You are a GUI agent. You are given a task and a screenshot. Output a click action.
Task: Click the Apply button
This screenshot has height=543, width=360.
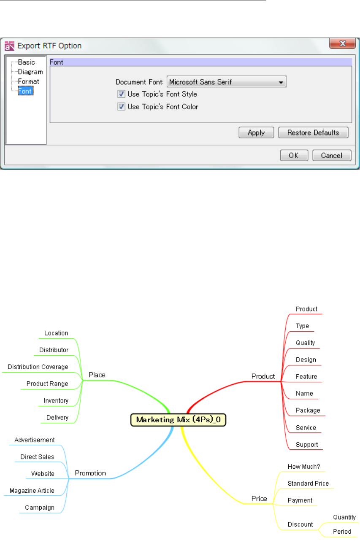pyautogui.click(x=256, y=132)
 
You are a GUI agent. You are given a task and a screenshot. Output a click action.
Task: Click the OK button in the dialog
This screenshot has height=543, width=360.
pyautogui.click(x=294, y=155)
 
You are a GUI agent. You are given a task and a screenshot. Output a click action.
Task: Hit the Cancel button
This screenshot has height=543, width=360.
pyautogui.click(x=332, y=155)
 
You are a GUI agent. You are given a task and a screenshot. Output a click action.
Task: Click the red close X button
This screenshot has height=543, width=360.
pyautogui.click(x=342, y=44)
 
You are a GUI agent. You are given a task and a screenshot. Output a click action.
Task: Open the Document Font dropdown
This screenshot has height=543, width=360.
pyautogui.click(x=227, y=82)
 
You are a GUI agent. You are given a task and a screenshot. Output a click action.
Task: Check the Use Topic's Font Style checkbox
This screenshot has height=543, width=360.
pyautogui.click(x=121, y=94)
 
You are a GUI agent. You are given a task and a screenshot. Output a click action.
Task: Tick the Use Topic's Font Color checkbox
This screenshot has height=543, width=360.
pyautogui.click(x=121, y=107)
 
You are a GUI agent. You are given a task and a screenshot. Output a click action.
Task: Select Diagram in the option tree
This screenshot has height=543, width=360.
pyautogui.click(x=30, y=72)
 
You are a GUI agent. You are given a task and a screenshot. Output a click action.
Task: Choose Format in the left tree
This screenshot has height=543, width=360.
pyautogui.click(x=28, y=81)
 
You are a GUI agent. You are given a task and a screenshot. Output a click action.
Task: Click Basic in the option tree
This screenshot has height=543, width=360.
pyautogui.click(x=26, y=62)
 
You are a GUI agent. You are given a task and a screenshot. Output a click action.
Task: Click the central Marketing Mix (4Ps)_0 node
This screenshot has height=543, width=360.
pyautogui.click(x=179, y=420)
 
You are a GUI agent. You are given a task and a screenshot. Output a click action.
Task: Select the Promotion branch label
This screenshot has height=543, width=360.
pyautogui.click(x=90, y=473)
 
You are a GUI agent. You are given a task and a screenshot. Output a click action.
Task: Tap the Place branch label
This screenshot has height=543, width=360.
pyautogui.click(x=97, y=375)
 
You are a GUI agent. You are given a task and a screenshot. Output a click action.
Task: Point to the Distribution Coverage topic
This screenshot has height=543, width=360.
pyautogui.click(x=38, y=367)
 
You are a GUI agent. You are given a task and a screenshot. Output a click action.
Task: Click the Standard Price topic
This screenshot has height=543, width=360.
pyautogui.click(x=308, y=484)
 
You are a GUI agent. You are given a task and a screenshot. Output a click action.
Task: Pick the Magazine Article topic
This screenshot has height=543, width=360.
pyautogui.click(x=32, y=491)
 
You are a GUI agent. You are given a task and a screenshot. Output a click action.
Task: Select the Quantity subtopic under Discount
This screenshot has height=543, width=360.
pyautogui.click(x=344, y=517)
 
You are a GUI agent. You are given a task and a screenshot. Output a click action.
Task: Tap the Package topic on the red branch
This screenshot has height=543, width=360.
pyautogui.click(x=308, y=410)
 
